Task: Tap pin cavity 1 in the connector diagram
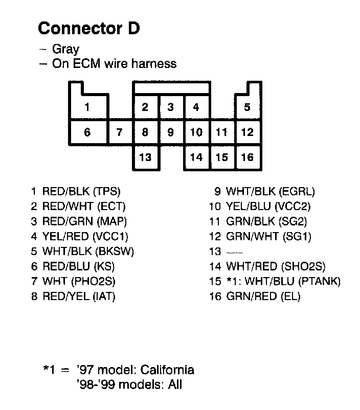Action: pos(87,107)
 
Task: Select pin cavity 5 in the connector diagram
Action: pos(247,107)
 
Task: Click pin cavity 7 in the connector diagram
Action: pos(120,133)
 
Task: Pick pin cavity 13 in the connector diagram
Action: pos(145,157)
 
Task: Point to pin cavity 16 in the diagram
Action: pos(247,157)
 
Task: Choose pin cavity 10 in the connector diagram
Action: pos(196,133)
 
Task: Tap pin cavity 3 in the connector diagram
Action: pos(171,107)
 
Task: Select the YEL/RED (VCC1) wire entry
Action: pos(85,237)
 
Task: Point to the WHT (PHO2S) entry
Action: pos(79,281)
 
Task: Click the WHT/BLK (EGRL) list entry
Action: pos(270,192)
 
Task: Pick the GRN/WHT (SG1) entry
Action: pos(268,237)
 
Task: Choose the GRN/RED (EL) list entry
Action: pos(263,296)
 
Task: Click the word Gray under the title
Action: pos(65,50)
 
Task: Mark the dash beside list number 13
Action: pos(234,253)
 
